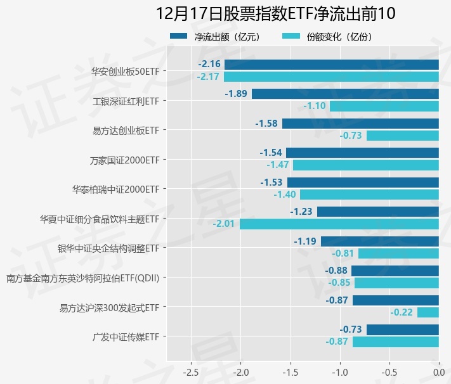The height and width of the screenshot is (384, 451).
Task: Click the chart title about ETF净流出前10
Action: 275,14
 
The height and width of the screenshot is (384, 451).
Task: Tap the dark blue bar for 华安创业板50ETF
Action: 331,64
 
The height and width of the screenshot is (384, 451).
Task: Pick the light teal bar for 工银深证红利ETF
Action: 384,106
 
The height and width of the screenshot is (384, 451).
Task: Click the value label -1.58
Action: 266,123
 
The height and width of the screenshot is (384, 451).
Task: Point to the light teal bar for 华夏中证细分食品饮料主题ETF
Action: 339,224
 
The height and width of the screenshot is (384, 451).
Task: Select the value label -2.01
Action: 224,224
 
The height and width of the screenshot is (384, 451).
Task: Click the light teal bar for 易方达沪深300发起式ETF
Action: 428,312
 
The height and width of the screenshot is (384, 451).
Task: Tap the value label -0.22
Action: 402,312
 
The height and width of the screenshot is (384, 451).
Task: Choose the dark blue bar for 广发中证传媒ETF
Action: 402,330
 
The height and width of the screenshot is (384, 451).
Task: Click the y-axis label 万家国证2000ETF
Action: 124,160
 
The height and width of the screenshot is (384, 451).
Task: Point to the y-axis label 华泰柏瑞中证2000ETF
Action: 115,189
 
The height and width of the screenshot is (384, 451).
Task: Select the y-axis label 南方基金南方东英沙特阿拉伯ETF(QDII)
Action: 82,278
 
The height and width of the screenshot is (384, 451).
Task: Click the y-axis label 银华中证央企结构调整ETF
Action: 108,248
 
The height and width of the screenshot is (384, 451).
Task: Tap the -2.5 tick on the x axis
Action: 191,372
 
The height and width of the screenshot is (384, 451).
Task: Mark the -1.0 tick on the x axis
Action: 339,372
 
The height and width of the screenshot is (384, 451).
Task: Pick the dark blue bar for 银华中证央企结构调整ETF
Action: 379,241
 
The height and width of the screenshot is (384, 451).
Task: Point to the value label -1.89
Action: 236,94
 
